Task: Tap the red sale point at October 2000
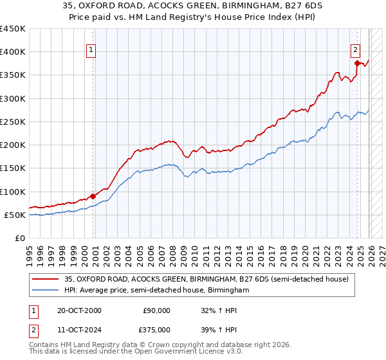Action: coord(93,196)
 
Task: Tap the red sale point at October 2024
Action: coord(357,63)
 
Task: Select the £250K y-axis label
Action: coord(13,122)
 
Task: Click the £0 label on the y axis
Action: coord(19,238)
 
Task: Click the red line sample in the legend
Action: coord(46,279)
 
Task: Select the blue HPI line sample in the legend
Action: coord(46,291)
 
